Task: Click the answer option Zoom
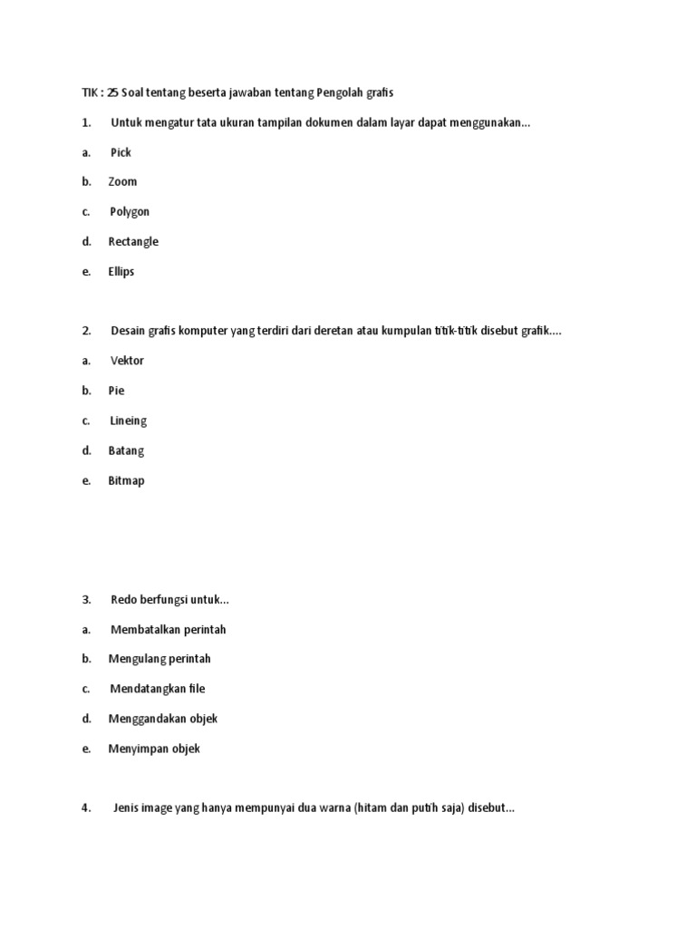[122, 182]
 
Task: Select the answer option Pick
[121, 152]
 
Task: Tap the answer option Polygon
[130, 212]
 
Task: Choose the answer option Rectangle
[133, 242]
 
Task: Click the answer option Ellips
[121, 272]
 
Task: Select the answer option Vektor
[127, 361]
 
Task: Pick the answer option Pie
[116, 391]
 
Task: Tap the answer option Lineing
[128, 420]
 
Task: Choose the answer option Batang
[126, 450]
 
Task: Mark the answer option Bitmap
[126, 480]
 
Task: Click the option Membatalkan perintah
[168, 630]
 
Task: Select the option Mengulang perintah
[159, 659]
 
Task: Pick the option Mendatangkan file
[158, 689]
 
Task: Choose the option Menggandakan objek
[163, 719]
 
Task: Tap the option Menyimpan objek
[154, 749]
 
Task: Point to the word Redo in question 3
[123, 600]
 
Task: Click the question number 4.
[86, 808]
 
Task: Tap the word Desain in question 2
[128, 331]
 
